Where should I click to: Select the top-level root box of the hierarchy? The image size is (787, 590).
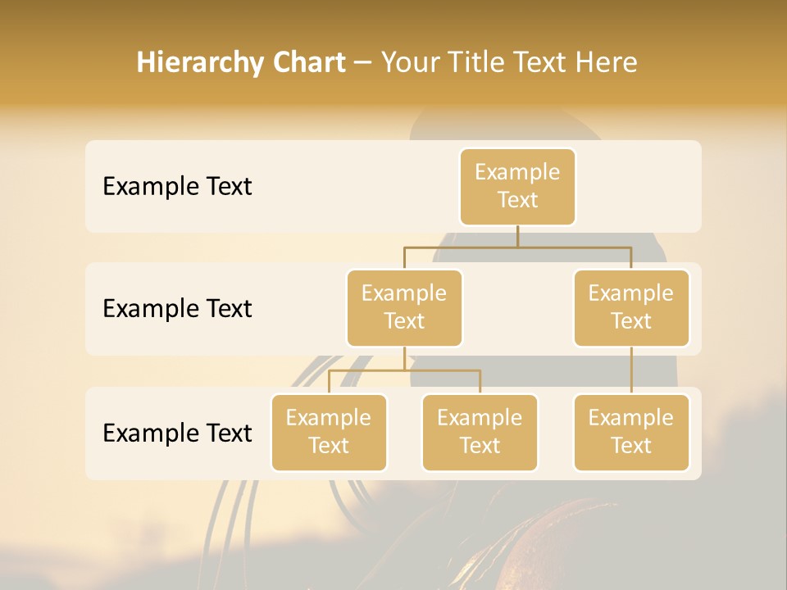click(517, 186)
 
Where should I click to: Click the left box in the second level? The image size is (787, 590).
click(404, 307)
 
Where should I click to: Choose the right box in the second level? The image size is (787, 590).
click(631, 307)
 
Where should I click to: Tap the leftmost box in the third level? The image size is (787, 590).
click(329, 432)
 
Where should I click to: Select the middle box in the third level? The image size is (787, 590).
click(480, 432)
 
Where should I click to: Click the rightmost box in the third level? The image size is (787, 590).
click(631, 432)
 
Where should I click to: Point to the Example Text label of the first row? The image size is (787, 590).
click(177, 187)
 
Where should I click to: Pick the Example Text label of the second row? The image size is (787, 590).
click(177, 309)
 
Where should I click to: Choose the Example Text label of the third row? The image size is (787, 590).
click(177, 433)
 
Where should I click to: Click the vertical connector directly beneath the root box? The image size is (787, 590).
click(517, 236)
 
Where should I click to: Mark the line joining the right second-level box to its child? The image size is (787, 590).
click(631, 370)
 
